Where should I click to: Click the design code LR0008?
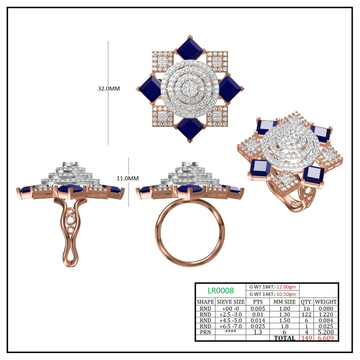click(220, 291)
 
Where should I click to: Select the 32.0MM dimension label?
click(109, 89)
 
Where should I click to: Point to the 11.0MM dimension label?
click(128, 178)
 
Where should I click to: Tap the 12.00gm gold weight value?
click(286, 287)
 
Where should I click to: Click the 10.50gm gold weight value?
click(286, 294)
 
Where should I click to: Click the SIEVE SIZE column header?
click(231, 302)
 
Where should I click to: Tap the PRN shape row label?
click(205, 332)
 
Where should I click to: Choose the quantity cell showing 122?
click(307, 314)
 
